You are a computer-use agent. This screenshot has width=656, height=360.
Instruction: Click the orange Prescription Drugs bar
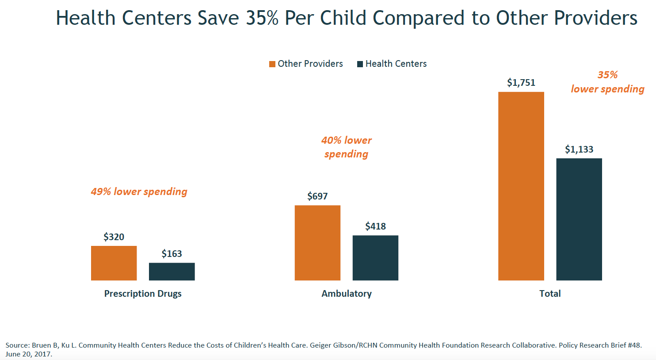114,263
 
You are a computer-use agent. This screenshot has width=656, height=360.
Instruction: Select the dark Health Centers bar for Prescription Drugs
172,272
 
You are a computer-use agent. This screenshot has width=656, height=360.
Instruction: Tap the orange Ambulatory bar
317,243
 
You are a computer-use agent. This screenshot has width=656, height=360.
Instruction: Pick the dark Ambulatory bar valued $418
375,258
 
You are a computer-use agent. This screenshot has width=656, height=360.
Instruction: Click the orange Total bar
521,186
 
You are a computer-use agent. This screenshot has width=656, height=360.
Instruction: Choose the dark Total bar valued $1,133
579,219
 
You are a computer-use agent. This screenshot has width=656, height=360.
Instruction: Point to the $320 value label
114,237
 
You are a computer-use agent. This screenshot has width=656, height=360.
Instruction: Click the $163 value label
172,254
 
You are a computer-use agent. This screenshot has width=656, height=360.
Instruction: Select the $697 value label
317,196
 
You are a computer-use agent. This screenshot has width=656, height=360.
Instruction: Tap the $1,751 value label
521,83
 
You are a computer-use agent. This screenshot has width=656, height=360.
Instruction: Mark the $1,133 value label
579,149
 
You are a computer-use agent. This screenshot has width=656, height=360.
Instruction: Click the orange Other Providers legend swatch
272,64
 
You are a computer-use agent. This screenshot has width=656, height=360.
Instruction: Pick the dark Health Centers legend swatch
360,64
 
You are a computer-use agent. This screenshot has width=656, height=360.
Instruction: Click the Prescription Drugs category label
143,294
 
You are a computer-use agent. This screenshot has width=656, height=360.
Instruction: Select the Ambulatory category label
347,294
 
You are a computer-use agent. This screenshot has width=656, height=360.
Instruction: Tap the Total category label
550,294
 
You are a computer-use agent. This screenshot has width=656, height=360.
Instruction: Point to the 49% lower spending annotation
139,191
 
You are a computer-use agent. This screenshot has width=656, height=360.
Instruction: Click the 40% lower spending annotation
347,147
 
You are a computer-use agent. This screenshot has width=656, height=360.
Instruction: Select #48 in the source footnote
634,345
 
